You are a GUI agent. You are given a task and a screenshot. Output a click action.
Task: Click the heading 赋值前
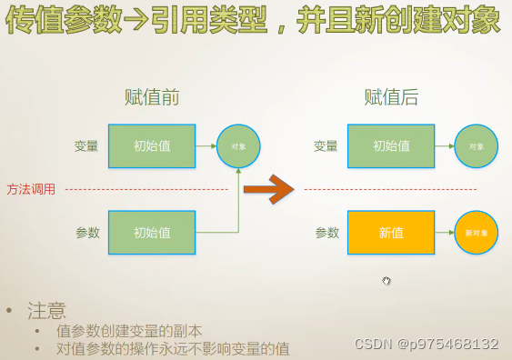coord(152,97)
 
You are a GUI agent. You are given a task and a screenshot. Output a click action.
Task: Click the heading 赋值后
coord(391,97)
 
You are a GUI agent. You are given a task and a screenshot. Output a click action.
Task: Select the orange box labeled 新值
coord(391,233)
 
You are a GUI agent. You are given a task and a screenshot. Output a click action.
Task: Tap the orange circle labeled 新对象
coord(477,233)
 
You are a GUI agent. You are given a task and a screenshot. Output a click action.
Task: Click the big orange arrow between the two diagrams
coord(270,189)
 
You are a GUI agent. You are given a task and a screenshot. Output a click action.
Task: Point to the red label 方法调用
coord(31,189)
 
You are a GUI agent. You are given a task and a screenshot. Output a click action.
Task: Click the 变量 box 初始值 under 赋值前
coord(152,145)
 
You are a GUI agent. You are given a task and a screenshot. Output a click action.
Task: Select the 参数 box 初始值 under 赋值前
coord(152,233)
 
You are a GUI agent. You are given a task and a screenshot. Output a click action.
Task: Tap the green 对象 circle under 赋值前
coord(238,145)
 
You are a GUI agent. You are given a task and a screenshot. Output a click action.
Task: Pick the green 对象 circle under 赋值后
coord(477,145)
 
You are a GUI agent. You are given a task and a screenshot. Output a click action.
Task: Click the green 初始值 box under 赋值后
coord(391,145)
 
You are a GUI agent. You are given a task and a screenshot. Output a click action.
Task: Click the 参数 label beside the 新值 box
coord(326,233)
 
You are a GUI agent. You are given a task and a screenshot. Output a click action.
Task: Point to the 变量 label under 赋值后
coord(326,145)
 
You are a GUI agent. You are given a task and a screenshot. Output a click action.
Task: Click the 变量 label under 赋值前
coord(87,145)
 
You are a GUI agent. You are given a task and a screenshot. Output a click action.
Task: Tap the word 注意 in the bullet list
coord(46,311)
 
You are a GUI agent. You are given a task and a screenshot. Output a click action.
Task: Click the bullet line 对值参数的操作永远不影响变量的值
coord(173,348)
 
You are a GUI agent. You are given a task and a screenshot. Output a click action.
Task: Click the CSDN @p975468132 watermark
coord(426,344)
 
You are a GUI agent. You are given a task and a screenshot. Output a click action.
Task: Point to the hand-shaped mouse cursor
coord(387,281)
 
